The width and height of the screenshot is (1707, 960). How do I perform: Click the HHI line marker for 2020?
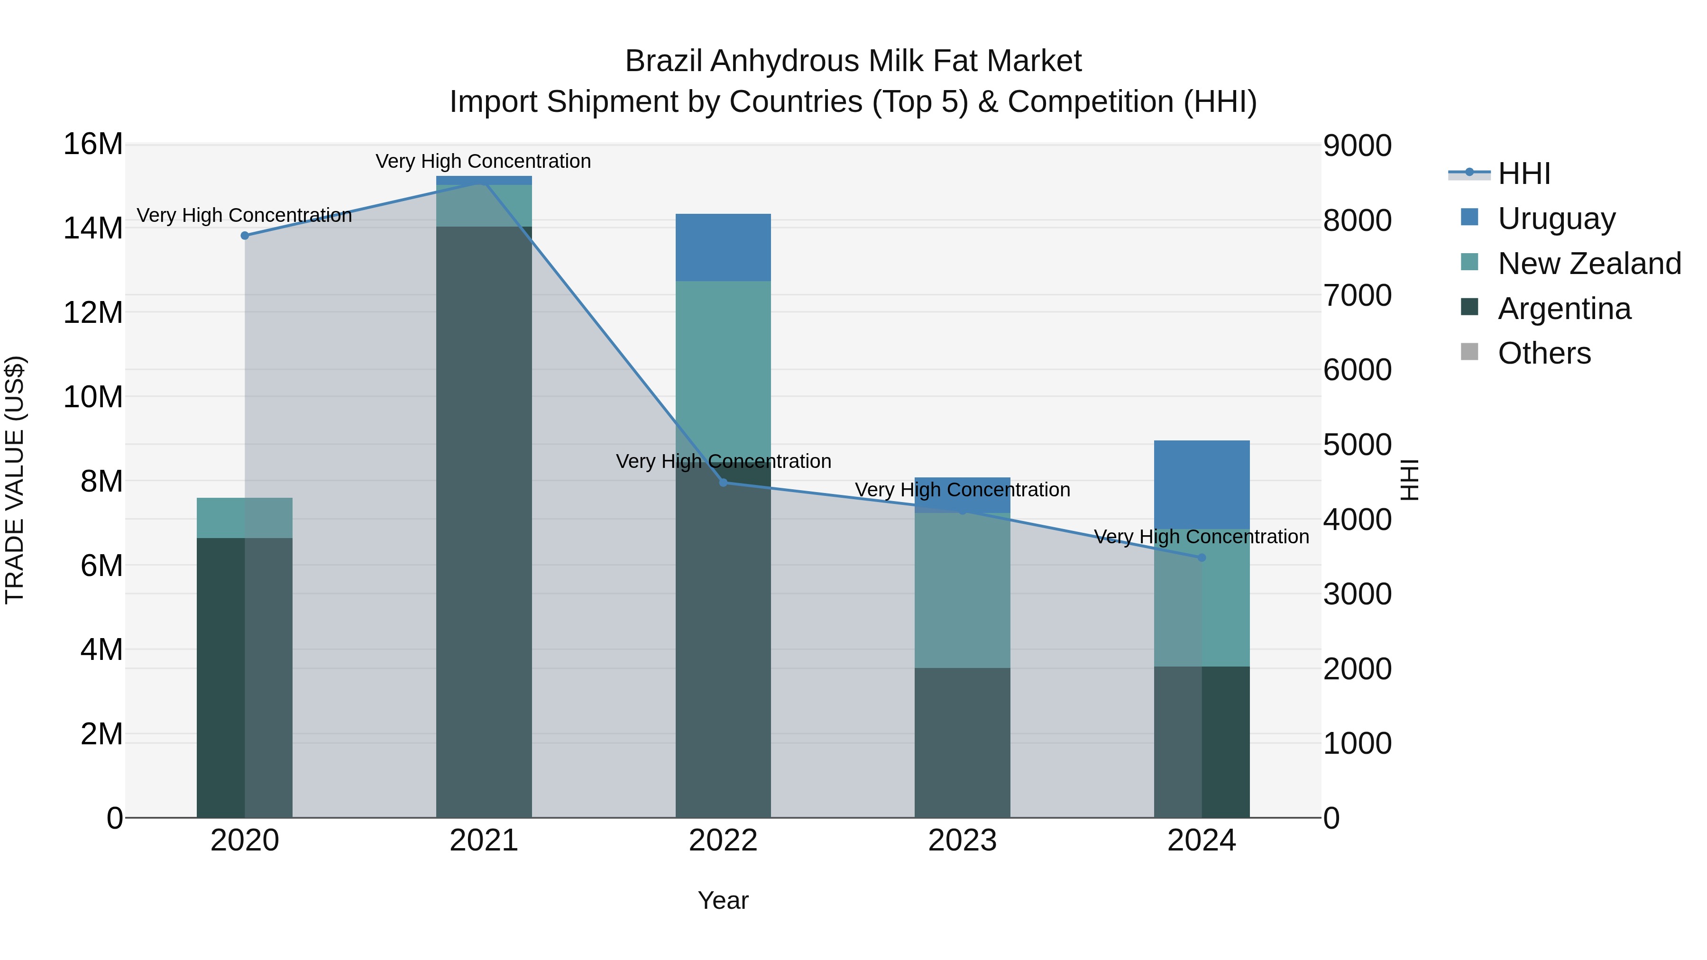click(x=245, y=235)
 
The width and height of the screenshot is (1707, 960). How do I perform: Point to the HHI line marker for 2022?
click(x=723, y=482)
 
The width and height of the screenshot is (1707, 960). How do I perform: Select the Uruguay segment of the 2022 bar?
click(x=723, y=247)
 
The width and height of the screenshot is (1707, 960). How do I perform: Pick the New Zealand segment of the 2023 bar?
click(x=962, y=590)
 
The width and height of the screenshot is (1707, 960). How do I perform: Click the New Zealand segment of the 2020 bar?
click(x=245, y=517)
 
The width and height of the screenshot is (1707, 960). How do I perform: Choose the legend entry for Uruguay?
click(x=1556, y=219)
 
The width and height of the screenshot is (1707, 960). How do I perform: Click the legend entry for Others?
click(x=1544, y=353)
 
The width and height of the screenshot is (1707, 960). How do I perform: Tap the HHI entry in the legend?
click(x=1523, y=174)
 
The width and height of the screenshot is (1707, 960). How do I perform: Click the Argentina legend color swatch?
click(x=1469, y=307)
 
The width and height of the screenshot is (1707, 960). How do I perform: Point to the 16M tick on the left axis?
click(x=93, y=145)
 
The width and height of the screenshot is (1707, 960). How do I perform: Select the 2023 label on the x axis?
click(x=962, y=841)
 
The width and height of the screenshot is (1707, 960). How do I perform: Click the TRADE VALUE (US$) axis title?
click(x=15, y=480)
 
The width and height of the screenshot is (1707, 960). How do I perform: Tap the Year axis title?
click(x=723, y=900)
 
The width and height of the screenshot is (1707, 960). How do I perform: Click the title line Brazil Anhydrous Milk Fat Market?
click(x=853, y=61)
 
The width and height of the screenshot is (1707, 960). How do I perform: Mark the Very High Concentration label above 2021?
click(x=483, y=161)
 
